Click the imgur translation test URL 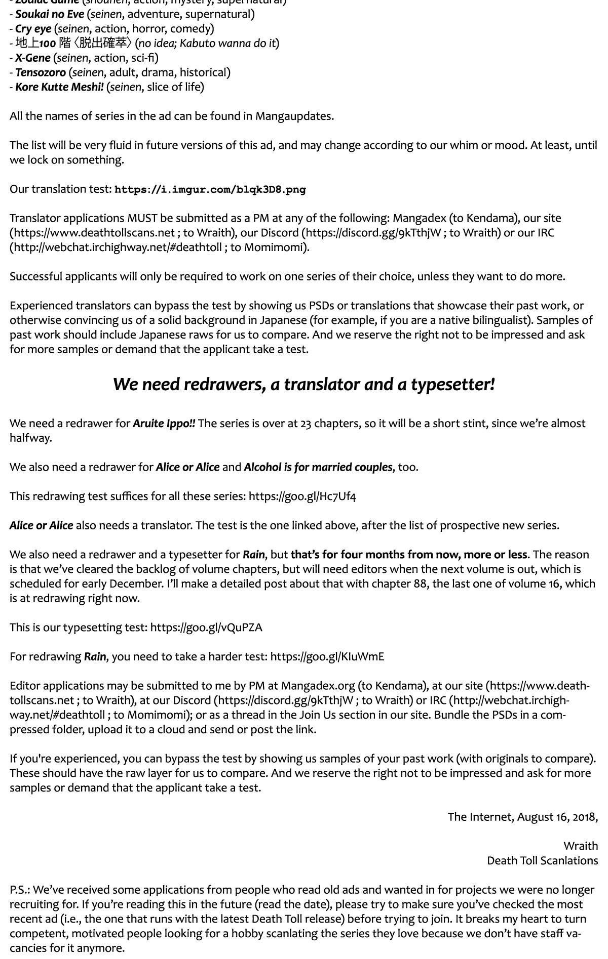coord(210,190)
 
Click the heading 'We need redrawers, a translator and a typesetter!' coord(303,385)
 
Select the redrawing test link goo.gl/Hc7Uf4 coord(302,496)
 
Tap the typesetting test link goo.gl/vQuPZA coord(206,628)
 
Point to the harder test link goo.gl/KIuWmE coord(327,657)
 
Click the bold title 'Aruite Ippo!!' coord(164,424)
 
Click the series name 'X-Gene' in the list coord(33,58)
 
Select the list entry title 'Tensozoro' coord(41,72)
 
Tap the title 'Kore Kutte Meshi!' coord(59,87)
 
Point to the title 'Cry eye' coord(33,28)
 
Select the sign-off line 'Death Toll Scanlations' coord(542,861)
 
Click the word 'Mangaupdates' coord(293,116)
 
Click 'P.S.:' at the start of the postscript coord(20,890)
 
